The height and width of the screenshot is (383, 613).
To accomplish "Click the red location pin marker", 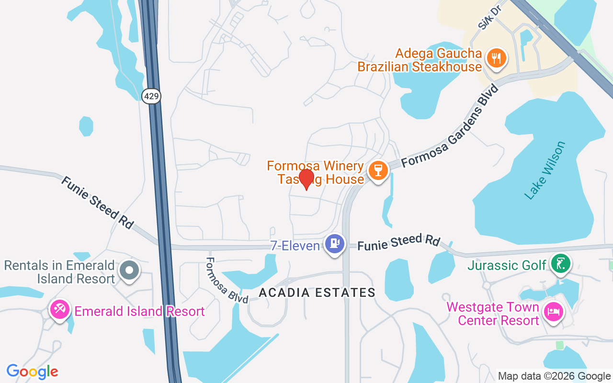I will (x=306, y=178).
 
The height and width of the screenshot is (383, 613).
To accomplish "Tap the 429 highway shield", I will (x=151, y=96).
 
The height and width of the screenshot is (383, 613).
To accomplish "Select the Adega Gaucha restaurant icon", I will (x=497, y=58).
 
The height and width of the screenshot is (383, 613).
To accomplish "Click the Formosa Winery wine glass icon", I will (x=378, y=170).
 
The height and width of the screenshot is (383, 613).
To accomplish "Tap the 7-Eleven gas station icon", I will (x=334, y=244).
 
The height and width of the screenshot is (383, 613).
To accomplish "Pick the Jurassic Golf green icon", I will (x=560, y=263).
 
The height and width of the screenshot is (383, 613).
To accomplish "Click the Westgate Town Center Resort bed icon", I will (x=553, y=312).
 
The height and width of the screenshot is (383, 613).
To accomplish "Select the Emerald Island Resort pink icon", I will (x=60, y=309).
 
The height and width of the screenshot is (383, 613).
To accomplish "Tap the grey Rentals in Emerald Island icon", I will (x=129, y=270).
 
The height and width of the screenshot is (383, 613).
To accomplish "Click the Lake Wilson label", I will (x=545, y=170).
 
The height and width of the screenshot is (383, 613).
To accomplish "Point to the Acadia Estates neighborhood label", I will (x=317, y=293).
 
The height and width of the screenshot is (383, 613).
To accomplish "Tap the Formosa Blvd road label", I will (x=227, y=281).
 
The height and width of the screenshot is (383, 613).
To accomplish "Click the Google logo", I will (x=32, y=372).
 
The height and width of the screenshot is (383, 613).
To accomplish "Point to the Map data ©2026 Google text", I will (x=554, y=376).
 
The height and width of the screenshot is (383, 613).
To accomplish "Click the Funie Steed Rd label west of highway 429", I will (x=97, y=202).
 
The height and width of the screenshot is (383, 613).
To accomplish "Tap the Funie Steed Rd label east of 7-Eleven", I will (x=398, y=242).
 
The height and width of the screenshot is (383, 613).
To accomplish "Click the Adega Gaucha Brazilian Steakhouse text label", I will (x=420, y=60).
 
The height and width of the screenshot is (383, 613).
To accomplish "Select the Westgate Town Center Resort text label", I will (x=493, y=314).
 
